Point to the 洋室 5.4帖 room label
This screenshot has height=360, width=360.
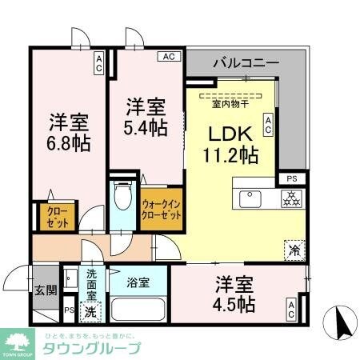[146, 116]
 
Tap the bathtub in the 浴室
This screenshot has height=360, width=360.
[139, 309]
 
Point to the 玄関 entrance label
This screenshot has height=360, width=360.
[45, 290]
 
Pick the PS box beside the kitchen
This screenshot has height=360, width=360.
[290, 179]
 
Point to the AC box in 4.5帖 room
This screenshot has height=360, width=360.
[293, 309]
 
